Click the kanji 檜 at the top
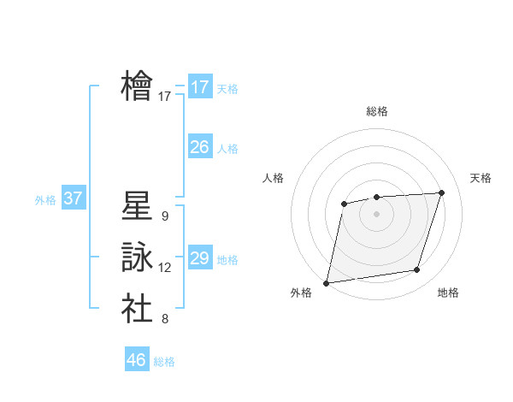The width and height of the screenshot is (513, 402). [x=138, y=86]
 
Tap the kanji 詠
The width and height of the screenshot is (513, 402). [x=138, y=257]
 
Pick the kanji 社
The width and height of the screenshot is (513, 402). [x=138, y=308]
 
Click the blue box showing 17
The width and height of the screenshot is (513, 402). [x=200, y=87]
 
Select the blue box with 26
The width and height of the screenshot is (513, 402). [x=200, y=147]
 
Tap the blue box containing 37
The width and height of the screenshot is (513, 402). [x=73, y=198]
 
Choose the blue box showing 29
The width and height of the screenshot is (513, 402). [x=200, y=258]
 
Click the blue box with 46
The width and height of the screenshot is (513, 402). [x=137, y=360]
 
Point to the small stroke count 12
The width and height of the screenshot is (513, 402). [x=165, y=268]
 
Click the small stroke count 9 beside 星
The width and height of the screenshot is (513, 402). [x=164, y=216]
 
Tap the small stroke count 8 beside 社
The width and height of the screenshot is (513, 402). [x=164, y=319]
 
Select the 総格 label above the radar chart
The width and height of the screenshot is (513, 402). [x=377, y=111]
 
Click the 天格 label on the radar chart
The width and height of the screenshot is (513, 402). [x=481, y=178]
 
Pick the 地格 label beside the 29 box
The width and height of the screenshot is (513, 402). [x=228, y=260]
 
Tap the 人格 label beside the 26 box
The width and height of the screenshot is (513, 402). [x=228, y=149]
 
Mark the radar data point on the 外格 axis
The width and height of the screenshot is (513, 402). [x=327, y=283]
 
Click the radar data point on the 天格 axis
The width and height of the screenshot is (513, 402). [x=442, y=192]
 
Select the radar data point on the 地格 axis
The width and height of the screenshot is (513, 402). [x=417, y=270]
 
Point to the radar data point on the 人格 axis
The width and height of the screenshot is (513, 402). [x=344, y=204]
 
